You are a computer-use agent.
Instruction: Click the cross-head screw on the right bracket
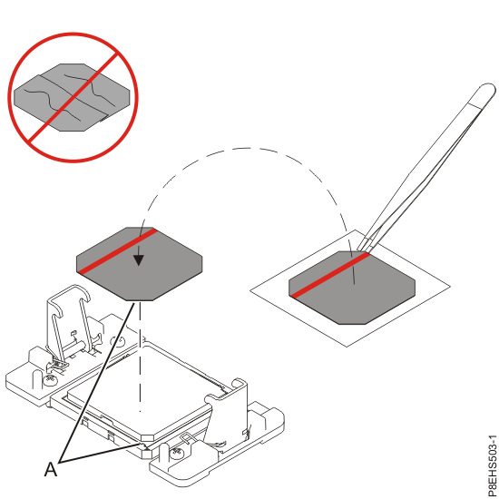pyautogui.click(x=179, y=449)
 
